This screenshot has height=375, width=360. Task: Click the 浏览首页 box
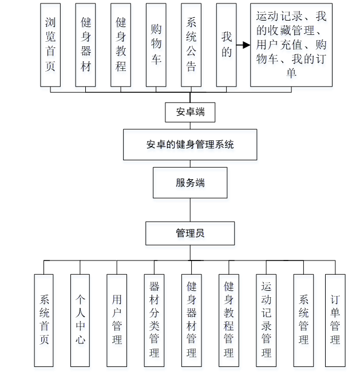point(50,44)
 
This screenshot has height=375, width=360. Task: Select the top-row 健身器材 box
point(86,44)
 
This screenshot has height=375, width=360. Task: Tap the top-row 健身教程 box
point(121,44)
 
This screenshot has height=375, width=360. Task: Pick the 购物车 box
point(156,44)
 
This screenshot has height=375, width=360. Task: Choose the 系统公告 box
point(191,44)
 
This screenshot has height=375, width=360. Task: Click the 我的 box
point(227,44)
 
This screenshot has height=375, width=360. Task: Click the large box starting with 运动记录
point(291,44)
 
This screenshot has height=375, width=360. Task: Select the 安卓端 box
point(190,112)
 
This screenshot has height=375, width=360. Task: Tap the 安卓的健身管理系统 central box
point(190,144)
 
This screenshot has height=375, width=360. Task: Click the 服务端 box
point(190,183)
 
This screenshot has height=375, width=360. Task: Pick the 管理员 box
point(190,233)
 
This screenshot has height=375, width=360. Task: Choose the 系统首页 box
point(44,320)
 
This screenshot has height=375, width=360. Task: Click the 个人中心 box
point(80,320)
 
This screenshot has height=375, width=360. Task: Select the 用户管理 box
point(117,320)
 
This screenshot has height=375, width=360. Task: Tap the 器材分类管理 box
point(154,320)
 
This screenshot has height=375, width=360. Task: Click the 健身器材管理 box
point(191,320)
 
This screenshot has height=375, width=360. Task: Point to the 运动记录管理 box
point(266,320)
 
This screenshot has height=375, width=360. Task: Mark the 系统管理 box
point(303,320)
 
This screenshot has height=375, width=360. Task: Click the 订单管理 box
point(335,320)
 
